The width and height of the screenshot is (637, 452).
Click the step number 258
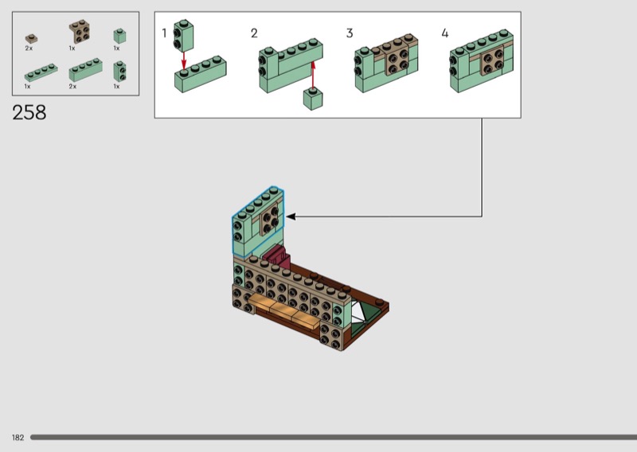[29, 112]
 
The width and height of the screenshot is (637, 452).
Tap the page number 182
[18, 438]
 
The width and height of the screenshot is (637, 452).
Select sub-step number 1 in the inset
[165, 33]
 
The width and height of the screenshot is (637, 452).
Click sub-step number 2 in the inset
[254, 33]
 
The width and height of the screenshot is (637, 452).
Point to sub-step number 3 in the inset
[350, 33]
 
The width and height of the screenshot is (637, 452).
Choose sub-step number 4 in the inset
[445, 33]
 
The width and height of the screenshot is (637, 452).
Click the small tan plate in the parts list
[31, 37]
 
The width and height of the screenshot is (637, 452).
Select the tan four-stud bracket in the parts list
[79, 31]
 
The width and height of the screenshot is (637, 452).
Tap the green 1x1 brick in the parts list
[119, 35]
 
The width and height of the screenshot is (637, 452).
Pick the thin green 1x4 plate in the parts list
[41, 72]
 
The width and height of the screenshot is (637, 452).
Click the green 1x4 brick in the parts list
[85, 70]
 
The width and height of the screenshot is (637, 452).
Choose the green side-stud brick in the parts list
[119, 71]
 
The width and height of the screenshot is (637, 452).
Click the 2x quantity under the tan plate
[29, 49]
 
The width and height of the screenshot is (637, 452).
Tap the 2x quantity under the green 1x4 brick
[72, 86]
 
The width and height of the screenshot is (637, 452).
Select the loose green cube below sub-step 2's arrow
[314, 99]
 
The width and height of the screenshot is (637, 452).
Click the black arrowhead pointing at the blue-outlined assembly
[291, 216]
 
